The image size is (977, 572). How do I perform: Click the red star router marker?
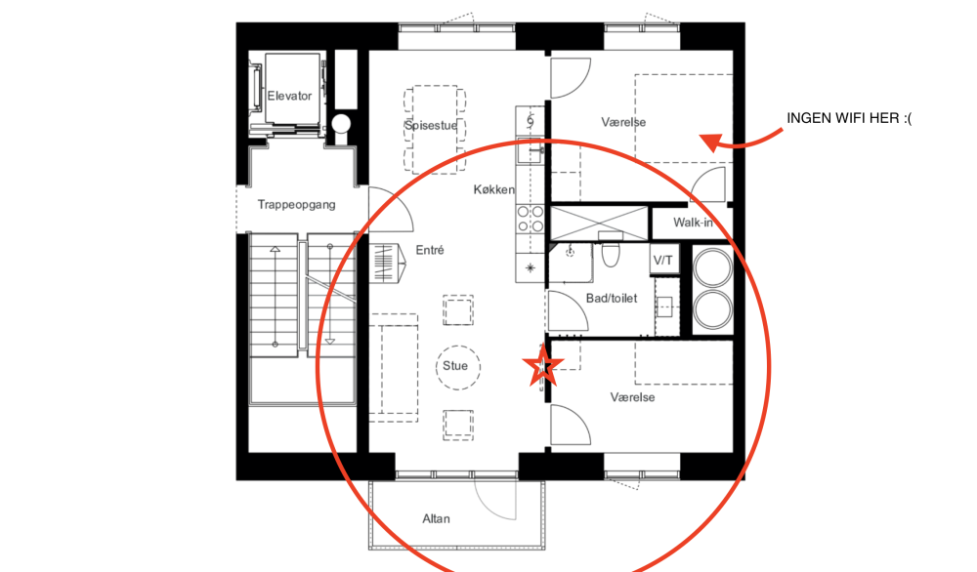click(542, 365)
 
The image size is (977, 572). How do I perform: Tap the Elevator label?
click(289, 96)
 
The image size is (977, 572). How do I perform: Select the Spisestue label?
click(431, 125)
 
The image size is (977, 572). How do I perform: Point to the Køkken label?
click(494, 189)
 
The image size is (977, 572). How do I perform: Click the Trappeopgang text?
click(297, 204)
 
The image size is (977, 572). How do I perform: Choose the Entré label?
click(430, 250)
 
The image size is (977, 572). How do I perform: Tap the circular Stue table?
click(458, 367)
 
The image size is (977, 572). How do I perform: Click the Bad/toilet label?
click(612, 298)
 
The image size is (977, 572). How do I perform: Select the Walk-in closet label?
click(693, 223)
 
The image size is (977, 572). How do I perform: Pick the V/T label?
click(663, 261)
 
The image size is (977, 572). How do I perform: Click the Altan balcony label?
click(436, 518)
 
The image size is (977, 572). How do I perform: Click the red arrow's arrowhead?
click(709, 143)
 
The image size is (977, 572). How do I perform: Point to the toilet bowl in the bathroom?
click(611, 254)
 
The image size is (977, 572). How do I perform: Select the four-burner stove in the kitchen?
click(530, 219)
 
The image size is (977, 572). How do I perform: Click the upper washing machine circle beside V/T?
click(713, 267)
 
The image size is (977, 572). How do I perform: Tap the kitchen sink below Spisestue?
click(529, 150)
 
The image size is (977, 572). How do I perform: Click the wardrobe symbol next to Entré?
click(388, 263)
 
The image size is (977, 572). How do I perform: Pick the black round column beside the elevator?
click(341, 123)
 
